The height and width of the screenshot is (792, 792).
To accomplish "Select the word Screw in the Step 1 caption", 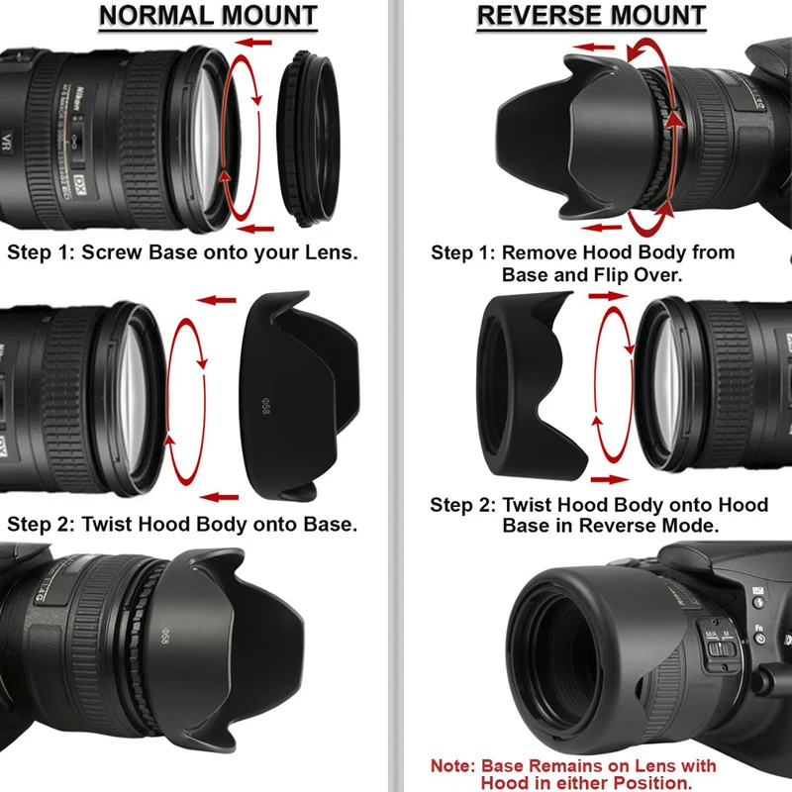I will coord(113,252).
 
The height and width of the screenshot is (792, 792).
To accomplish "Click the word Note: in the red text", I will coord(453,766).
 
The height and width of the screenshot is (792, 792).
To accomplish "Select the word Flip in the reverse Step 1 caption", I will coord(622,274).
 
